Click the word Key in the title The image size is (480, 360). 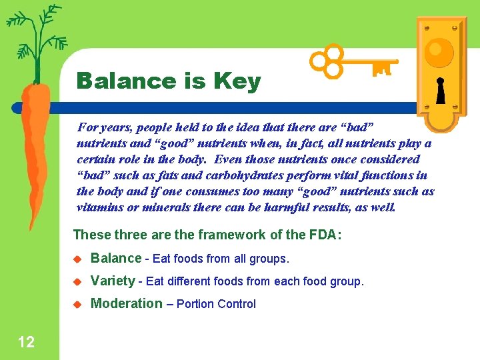[237, 82]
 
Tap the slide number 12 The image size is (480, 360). [26, 343]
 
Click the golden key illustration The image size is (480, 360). [353, 63]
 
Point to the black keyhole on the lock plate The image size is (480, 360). [440, 91]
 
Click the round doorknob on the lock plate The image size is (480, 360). [440, 50]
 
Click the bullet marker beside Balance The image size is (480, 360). [76, 259]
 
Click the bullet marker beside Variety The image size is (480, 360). [76, 282]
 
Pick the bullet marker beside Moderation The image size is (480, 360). [76, 305]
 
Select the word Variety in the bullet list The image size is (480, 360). [113, 281]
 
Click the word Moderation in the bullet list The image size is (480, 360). [127, 303]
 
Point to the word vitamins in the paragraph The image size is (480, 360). [99, 207]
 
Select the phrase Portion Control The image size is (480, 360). [216, 304]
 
